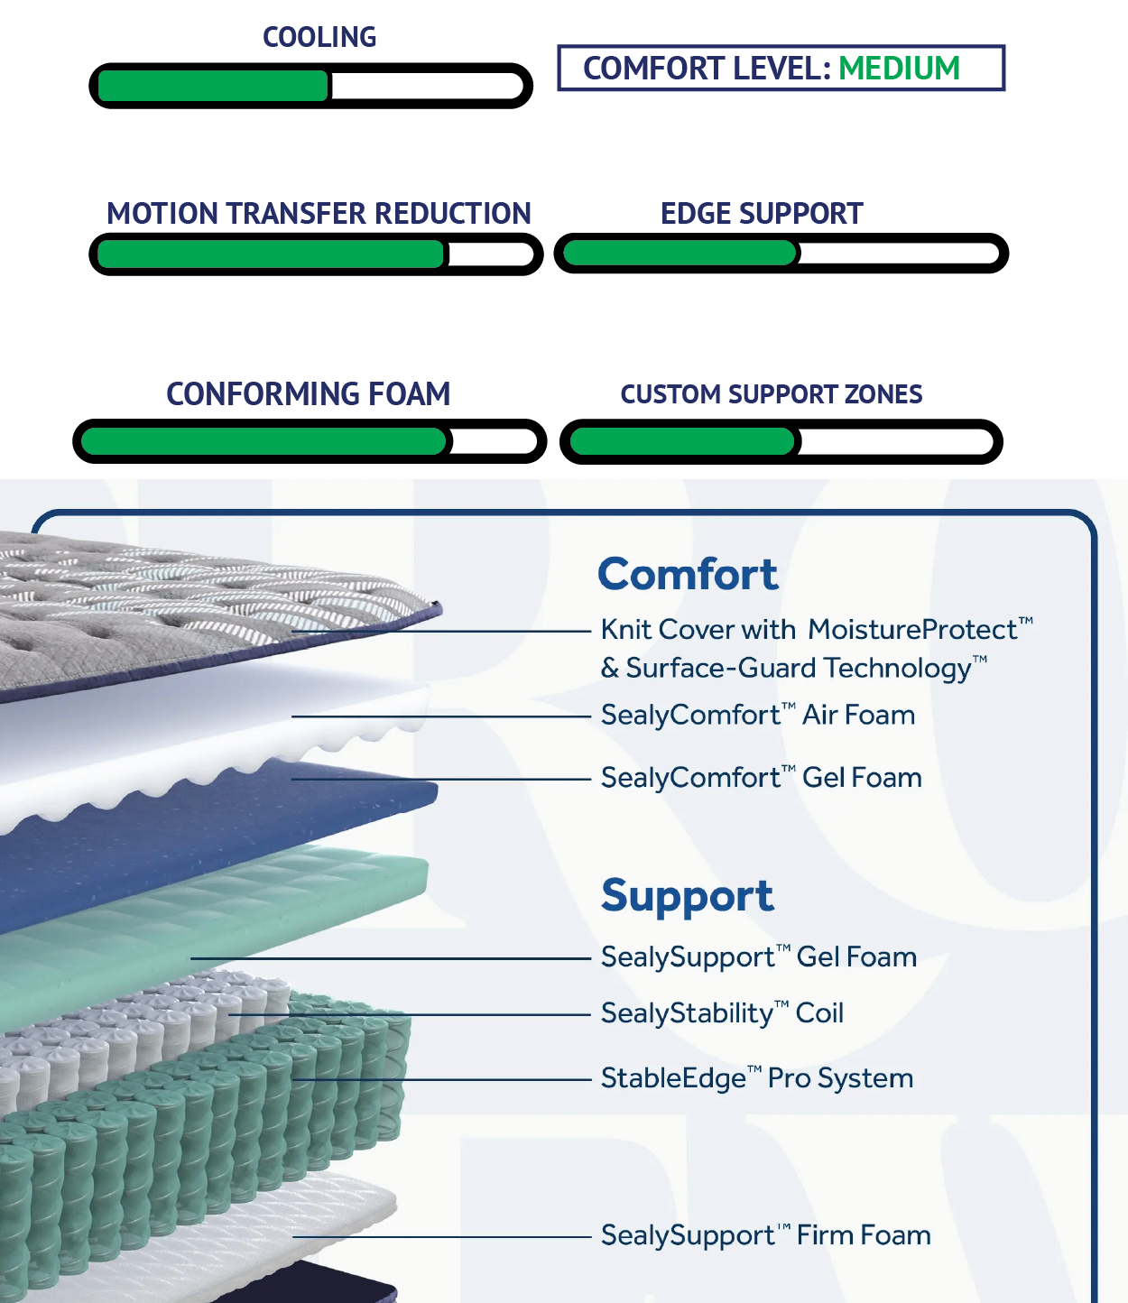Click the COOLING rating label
click(319, 37)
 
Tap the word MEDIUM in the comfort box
click(899, 69)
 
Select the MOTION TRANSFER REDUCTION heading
click(319, 214)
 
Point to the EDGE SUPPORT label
click(762, 214)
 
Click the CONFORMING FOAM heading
click(308, 394)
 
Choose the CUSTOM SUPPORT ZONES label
click(772, 394)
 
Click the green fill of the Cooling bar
click(213, 87)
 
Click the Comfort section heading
click(688, 574)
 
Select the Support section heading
click(688, 896)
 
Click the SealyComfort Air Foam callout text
click(758, 716)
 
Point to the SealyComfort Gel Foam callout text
click(762, 778)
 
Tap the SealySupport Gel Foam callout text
click(759, 957)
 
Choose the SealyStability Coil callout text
click(722, 1013)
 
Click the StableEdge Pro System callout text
click(757, 1078)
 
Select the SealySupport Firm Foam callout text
click(766, 1235)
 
